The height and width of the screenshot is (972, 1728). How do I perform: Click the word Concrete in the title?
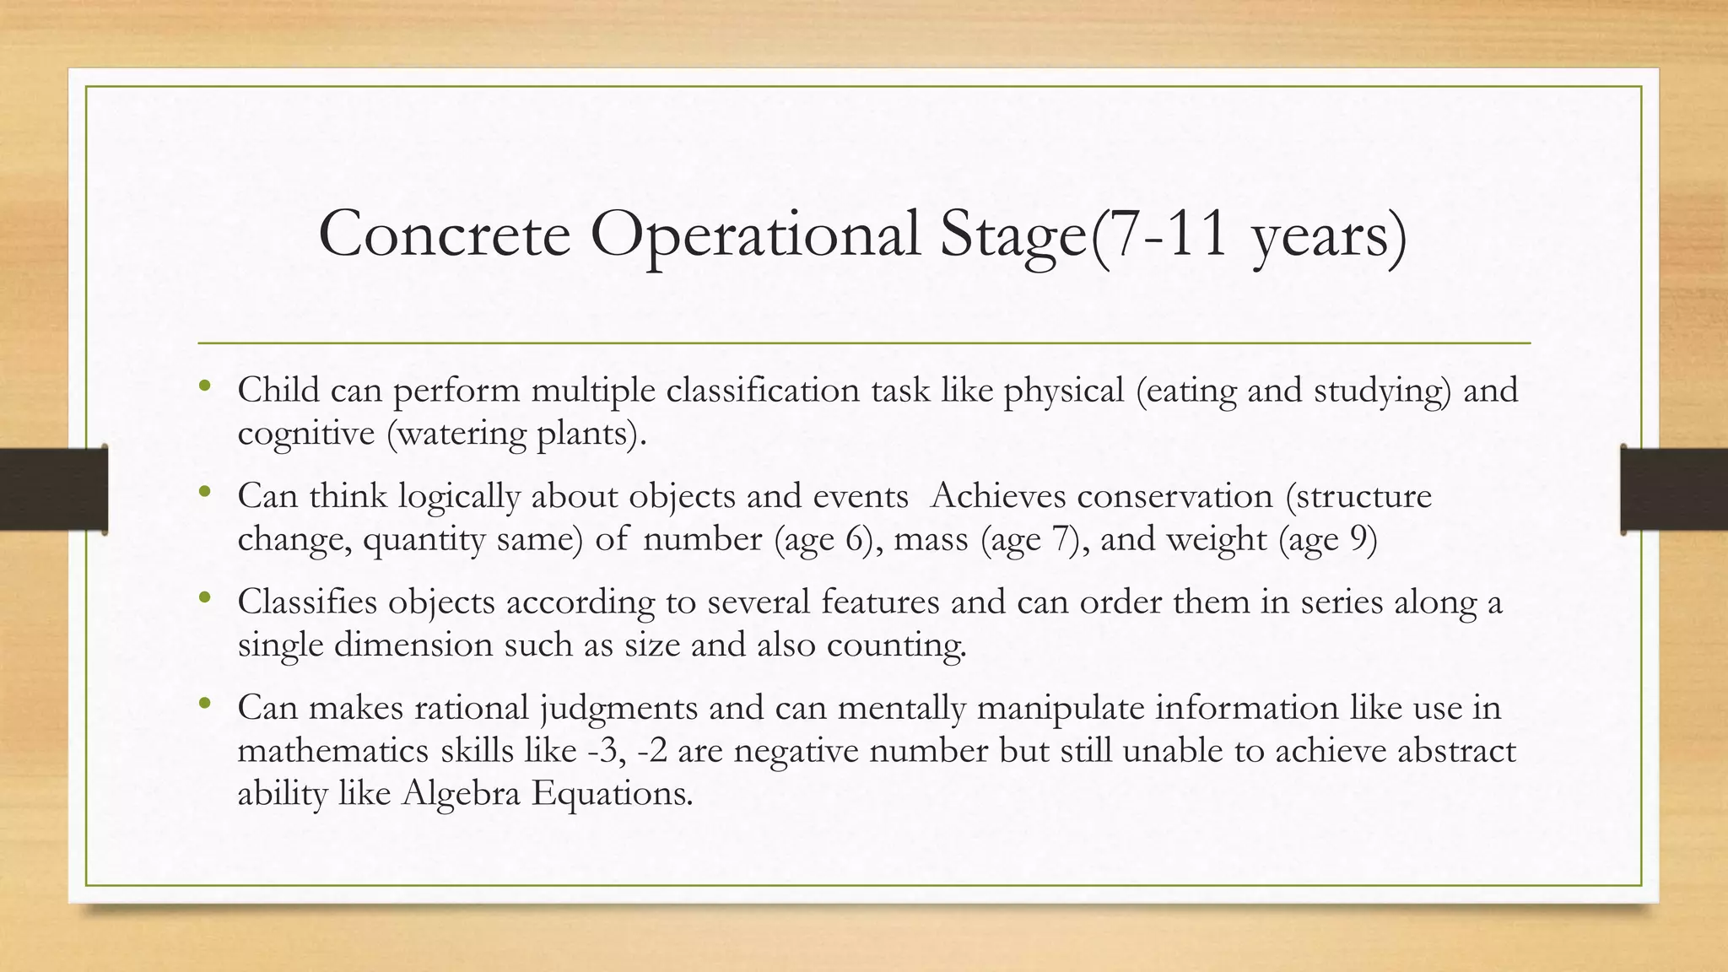coord(445,234)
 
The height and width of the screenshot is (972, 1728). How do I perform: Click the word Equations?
coord(611,794)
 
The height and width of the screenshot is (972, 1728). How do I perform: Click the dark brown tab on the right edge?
coord(1674,489)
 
